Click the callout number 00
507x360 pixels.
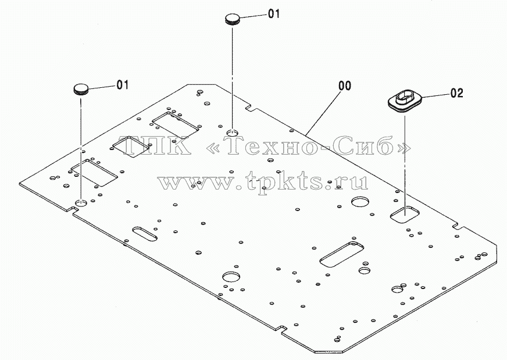[x=345, y=85]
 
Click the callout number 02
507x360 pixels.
[x=456, y=93]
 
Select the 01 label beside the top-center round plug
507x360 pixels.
[x=274, y=13]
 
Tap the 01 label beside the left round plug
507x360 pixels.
[x=123, y=85]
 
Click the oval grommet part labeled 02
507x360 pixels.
[x=405, y=101]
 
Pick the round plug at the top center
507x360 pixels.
[x=233, y=19]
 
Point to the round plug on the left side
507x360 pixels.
[x=81, y=89]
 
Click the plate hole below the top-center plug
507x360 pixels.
[x=232, y=132]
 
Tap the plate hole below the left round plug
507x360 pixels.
[x=81, y=203]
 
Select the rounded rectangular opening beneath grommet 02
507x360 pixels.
[x=405, y=214]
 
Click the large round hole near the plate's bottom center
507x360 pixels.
[x=231, y=277]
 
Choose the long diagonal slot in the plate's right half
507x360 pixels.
[x=341, y=254]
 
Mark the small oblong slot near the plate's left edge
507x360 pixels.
[x=145, y=234]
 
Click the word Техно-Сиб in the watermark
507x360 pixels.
[x=308, y=145]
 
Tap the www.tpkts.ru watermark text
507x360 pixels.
[x=263, y=182]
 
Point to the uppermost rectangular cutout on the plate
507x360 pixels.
[x=175, y=125]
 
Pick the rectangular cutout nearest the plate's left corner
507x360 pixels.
[x=94, y=172]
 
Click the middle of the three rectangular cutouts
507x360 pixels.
[x=132, y=147]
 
